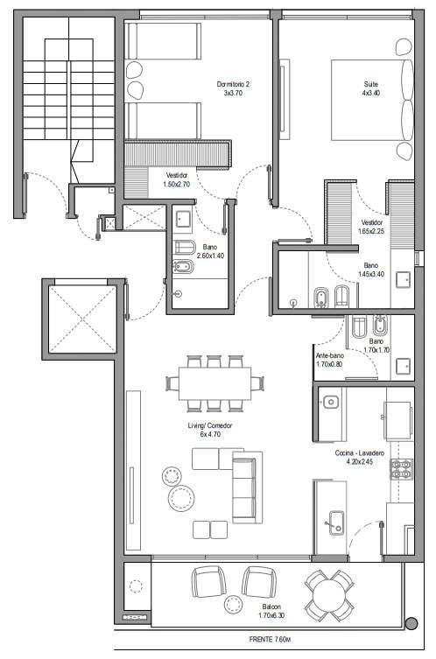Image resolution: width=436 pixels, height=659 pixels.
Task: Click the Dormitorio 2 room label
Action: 233,84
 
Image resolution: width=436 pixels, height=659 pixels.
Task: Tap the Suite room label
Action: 371,84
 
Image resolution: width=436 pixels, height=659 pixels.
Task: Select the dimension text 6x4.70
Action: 210,434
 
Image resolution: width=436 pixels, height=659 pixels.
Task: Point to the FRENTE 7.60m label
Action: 270,640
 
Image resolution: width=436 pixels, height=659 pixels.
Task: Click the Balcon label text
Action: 271,606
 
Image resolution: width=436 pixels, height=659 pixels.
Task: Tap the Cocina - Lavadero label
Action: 360,453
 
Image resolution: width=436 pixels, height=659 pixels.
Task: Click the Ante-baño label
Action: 330,355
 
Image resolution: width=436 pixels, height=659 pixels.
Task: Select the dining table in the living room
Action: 214,383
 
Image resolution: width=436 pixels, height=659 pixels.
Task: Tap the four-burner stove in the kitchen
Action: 402,469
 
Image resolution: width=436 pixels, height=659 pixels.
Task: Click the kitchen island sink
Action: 336,522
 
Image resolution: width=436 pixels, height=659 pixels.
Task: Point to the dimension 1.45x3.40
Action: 371,275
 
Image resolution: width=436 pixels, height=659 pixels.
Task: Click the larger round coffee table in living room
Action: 181,498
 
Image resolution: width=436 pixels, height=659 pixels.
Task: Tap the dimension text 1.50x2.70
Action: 176,184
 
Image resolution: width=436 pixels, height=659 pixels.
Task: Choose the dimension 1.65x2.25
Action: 371,231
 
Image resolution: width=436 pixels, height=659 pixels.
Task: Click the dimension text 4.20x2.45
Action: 360,461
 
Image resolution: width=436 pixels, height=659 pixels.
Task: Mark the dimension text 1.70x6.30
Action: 271,615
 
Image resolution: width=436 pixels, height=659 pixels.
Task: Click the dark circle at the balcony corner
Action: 411,623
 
